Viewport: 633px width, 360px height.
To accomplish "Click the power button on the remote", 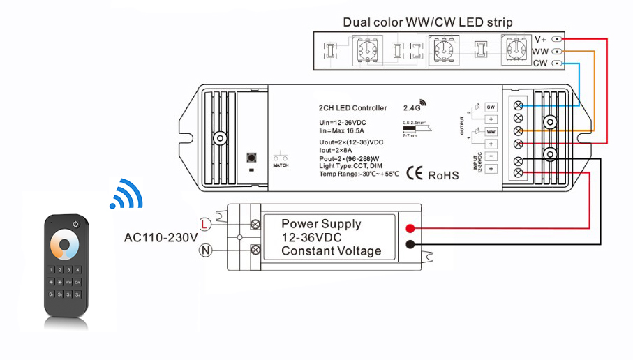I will click(x=74, y=225).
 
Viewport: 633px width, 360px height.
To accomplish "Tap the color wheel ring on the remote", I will click(x=67, y=244).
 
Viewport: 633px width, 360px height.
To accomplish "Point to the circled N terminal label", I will click(x=204, y=249).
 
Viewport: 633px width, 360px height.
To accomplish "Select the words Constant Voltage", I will click(x=331, y=251).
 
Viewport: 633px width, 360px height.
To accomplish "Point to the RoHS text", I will click(x=443, y=174).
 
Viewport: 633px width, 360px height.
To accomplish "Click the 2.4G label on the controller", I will click(x=413, y=108).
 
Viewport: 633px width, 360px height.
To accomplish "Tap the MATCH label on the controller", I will click(x=281, y=165).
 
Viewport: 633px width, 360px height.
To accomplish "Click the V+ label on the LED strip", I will click(x=541, y=40).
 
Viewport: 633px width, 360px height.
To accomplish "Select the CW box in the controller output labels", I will click(x=491, y=107).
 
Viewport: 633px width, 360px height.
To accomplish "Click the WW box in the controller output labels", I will click(x=491, y=131).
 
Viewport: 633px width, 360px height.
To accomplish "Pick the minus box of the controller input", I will click(x=491, y=156).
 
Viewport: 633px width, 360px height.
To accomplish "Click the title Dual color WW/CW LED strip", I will click(x=427, y=22).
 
